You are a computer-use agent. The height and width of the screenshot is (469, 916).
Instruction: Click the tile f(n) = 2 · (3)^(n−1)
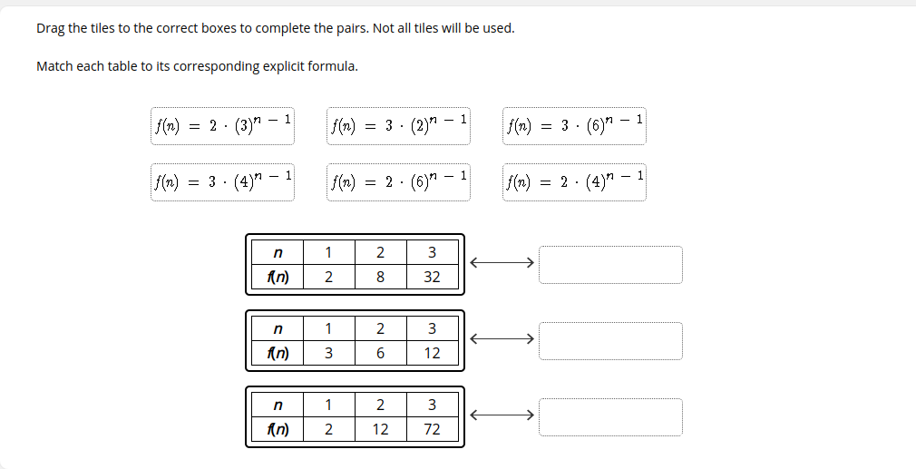click(222, 125)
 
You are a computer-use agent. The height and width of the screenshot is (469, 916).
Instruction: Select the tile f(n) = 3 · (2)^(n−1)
click(398, 125)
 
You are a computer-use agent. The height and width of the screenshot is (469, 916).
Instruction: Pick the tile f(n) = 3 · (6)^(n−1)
click(574, 125)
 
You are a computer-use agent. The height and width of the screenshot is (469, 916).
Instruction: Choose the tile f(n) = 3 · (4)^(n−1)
click(222, 182)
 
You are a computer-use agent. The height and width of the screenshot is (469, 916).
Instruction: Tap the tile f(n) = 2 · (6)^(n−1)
click(398, 182)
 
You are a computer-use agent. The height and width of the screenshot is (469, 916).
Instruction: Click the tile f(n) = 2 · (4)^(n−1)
click(574, 182)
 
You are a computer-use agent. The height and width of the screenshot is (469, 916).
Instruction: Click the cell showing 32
click(433, 277)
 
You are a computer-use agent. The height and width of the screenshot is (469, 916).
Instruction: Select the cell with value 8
click(380, 277)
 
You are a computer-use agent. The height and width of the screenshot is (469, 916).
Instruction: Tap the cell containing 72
click(433, 429)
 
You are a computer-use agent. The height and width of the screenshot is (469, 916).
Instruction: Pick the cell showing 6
click(380, 353)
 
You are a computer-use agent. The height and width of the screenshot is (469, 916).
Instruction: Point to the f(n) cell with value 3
click(328, 353)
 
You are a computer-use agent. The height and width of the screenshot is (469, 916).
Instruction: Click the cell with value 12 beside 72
click(380, 429)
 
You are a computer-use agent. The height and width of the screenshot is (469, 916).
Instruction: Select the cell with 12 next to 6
click(433, 353)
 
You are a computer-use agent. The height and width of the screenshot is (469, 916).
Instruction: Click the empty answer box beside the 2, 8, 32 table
click(610, 265)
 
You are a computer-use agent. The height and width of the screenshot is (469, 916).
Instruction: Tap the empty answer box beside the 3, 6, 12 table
click(610, 341)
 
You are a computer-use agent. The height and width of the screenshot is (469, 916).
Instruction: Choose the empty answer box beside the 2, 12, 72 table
click(610, 417)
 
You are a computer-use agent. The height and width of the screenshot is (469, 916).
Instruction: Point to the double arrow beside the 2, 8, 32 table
click(502, 263)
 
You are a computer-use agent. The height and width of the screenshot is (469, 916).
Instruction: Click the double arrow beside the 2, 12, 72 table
click(502, 415)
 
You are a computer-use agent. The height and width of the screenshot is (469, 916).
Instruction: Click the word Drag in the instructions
click(50, 29)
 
